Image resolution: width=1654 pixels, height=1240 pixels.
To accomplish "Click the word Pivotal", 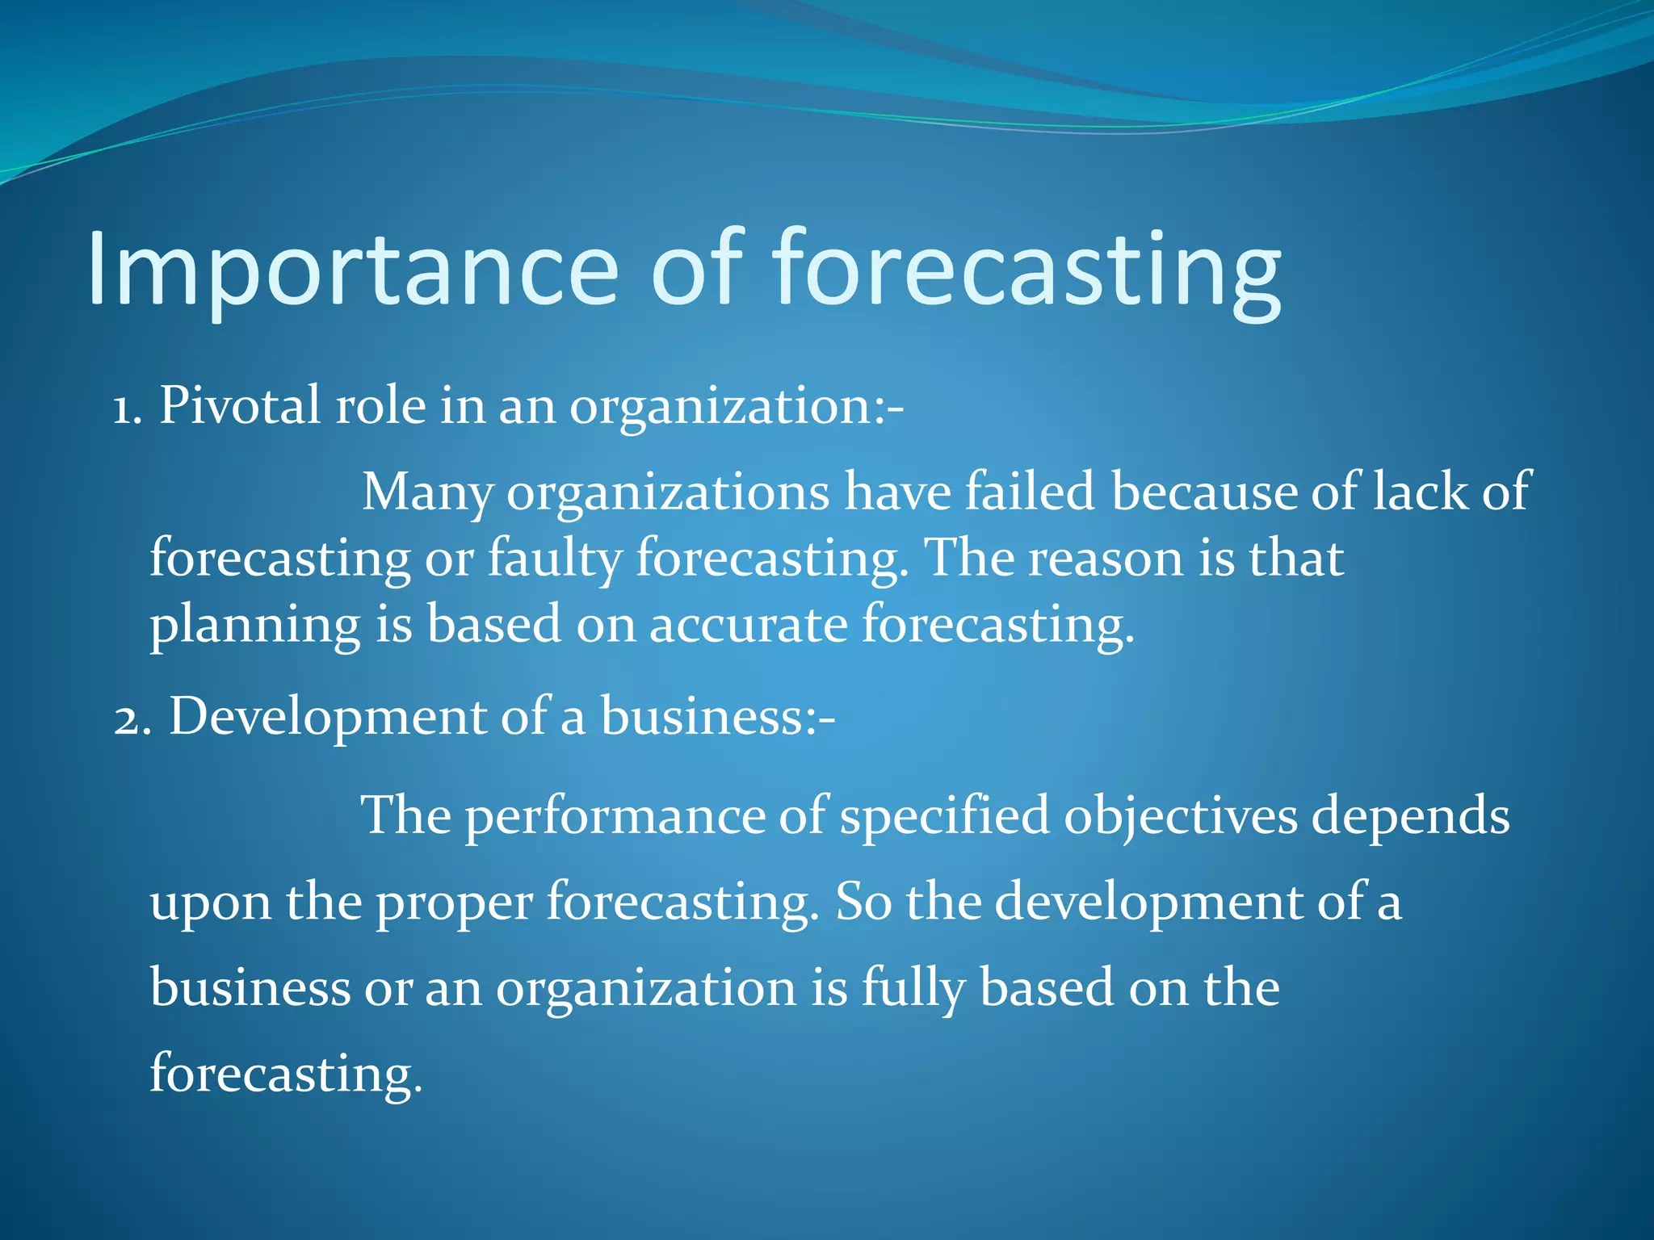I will pos(239,405).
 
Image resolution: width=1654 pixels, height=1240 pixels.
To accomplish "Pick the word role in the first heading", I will pos(380,405).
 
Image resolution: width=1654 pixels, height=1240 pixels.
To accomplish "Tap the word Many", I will pos(426,492).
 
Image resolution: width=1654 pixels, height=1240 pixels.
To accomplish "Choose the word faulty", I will pos(554,559).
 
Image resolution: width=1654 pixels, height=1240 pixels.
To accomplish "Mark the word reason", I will pos(1105,559).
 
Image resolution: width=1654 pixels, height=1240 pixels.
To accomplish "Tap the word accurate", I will pos(748,626).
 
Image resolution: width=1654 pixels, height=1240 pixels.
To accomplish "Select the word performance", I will pos(614,817).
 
